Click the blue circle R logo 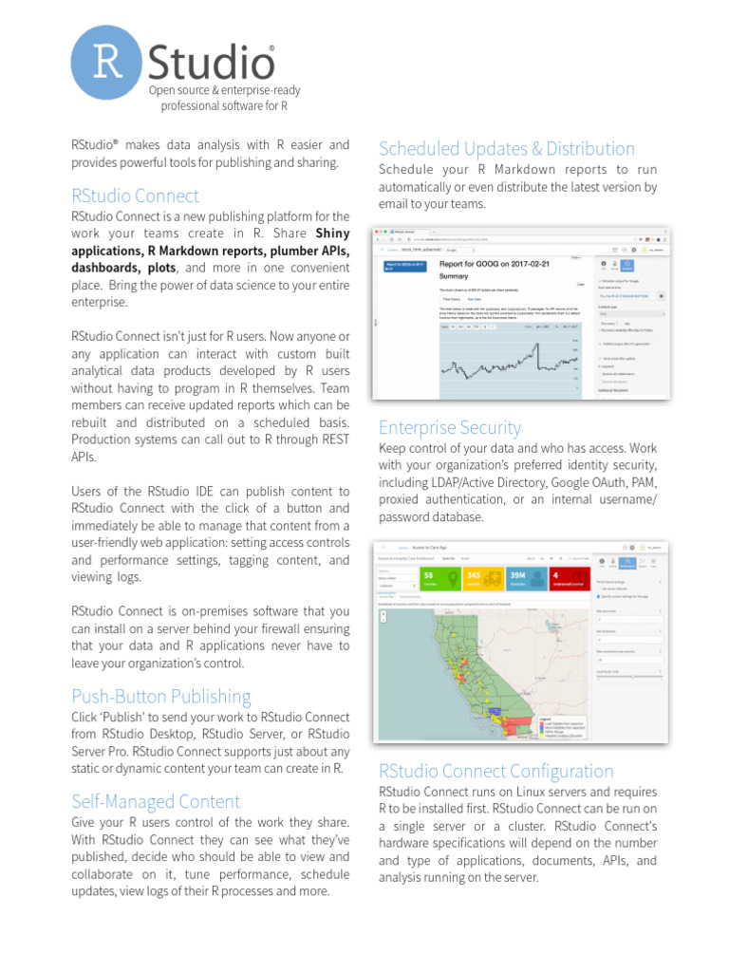pyautogui.click(x=108, y=63)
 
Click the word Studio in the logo pyautogui.click(x=212, y=63)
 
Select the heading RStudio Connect pyautogui.click(x=135, y=196)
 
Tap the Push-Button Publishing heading pyautogui.click(x=161, y=696)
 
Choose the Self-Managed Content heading pyautogui.click(x=156, y=801)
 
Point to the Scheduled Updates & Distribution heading pyautogui.click(x=506, y=148)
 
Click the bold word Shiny pyautogui.click(x=332, y=234)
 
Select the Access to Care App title pyautogui.click(x=428, y=548)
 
